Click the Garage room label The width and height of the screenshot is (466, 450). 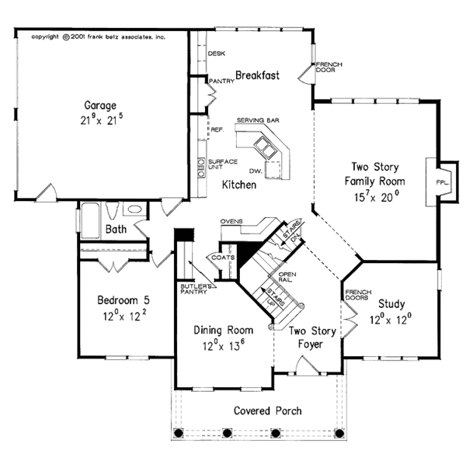(x=100, y=105)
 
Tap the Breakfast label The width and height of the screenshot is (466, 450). (x=257, y=75)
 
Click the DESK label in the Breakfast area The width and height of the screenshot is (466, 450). (x=217, y=53)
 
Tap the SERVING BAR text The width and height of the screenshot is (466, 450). (x=257, y=120)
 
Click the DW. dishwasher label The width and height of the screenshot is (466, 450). (x=255, y=169)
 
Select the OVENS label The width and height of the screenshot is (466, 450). (x=232, y=221)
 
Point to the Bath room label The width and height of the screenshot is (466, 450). (x=116, y=230)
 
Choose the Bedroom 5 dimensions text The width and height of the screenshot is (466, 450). (x=119, y=316)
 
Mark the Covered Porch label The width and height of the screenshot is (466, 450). (x=268, y=410)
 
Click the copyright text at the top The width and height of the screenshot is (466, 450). (x=99, y=36)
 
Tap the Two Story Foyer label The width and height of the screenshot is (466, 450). (x=313, y=339)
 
